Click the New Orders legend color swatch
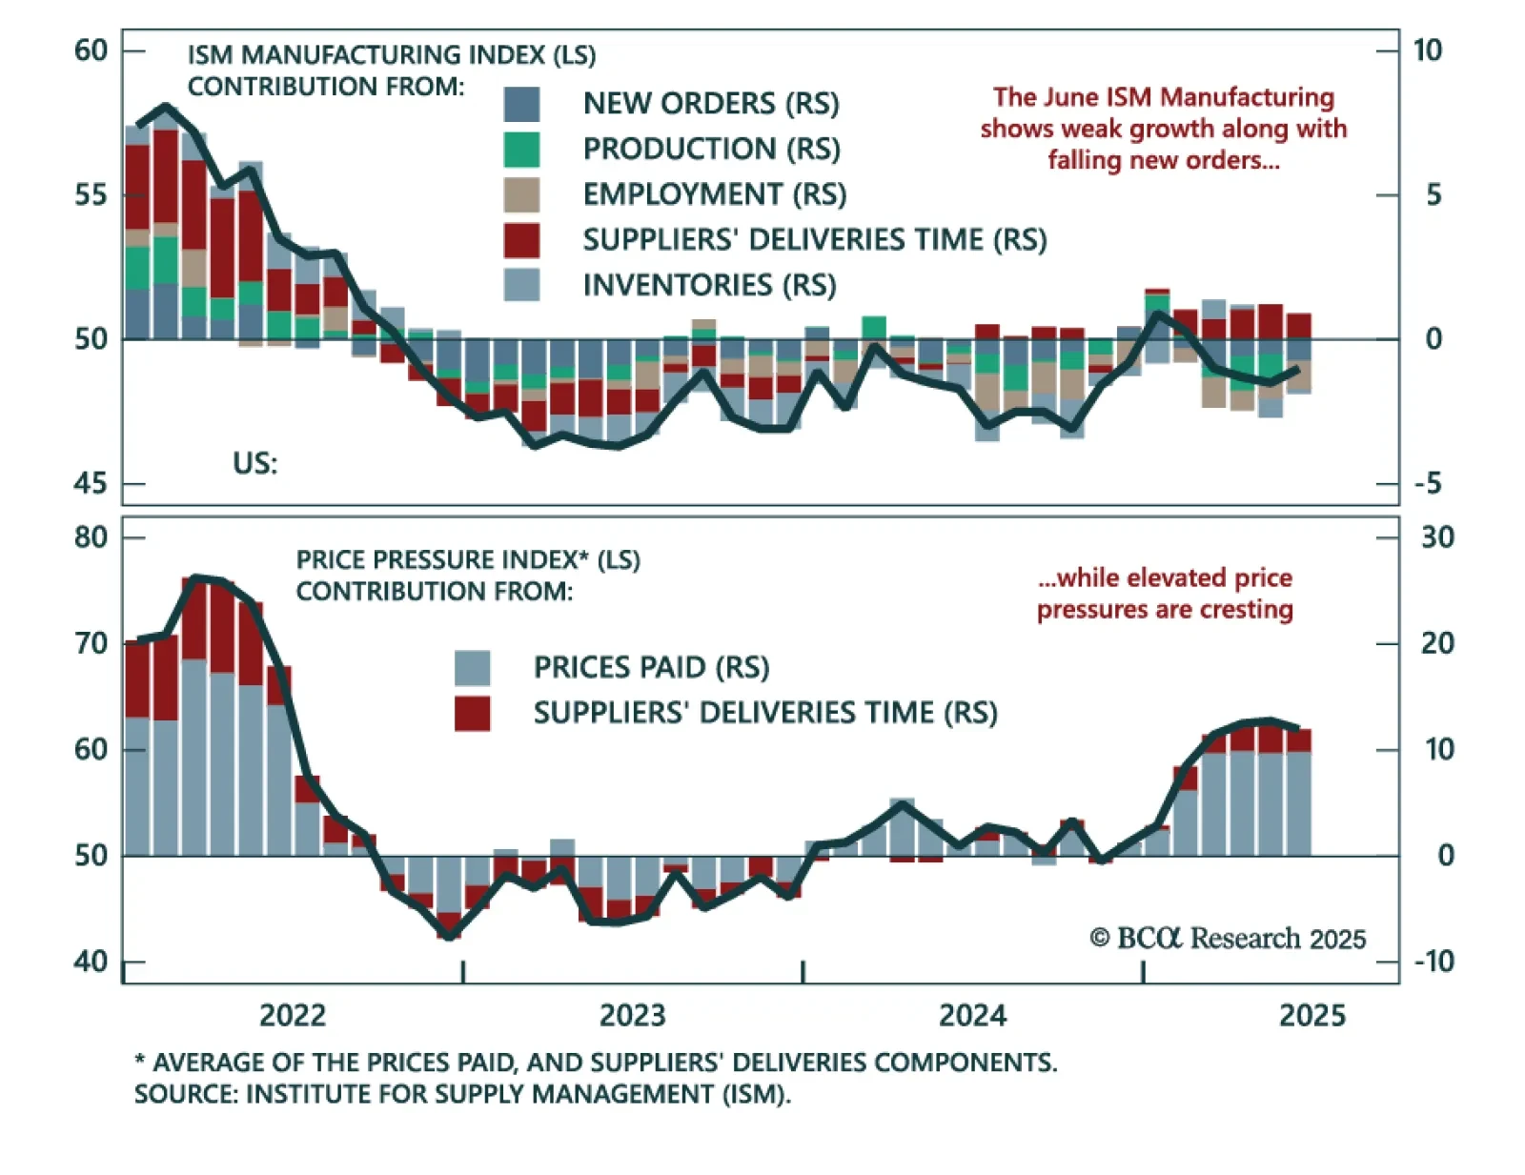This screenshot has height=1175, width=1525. pyautogui.click(x=521, y=104)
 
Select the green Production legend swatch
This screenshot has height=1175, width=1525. pyautogui.click(x=521, y=150)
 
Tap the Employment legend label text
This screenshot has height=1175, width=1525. pyautogui.click(x=714, y=194)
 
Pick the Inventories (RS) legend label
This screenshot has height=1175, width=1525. pyautogui.click(x=709, y=285)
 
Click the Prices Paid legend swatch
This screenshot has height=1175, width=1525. pyautogui.click(x=472, y=668)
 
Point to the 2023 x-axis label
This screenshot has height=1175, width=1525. pyautogui.click(x=632, y=1016)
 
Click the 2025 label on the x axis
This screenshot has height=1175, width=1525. pyautogui.click(x=1311, y=1016)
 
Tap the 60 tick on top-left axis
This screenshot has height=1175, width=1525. pyautogui.click(x=91, y=51)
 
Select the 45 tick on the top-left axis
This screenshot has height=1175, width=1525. pyautogui.click(x=91, y=484)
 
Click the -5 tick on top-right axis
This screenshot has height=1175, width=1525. pyautogui.click(x=1428, y=484)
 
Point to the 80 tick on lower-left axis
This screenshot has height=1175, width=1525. pyautogui.click(x=91, y=537)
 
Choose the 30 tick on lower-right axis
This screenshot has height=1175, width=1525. pyautogui.click(x=1437, y=537)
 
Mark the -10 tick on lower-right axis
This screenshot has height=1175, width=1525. pyautogui.click(x=1433, y=962)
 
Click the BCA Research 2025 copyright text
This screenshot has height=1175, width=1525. pyautogui.click(x=1228, y=939)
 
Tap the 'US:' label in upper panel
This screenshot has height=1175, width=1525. pyautogui.click(x=254, y=464)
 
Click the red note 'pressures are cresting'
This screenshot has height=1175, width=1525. pyautogui.click(x=1165, y=610)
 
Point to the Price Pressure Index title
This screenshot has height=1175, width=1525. pyautogui.click(x=467, y=559)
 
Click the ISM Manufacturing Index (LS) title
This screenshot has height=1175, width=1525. pyautogui.click(x=391, y=55)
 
